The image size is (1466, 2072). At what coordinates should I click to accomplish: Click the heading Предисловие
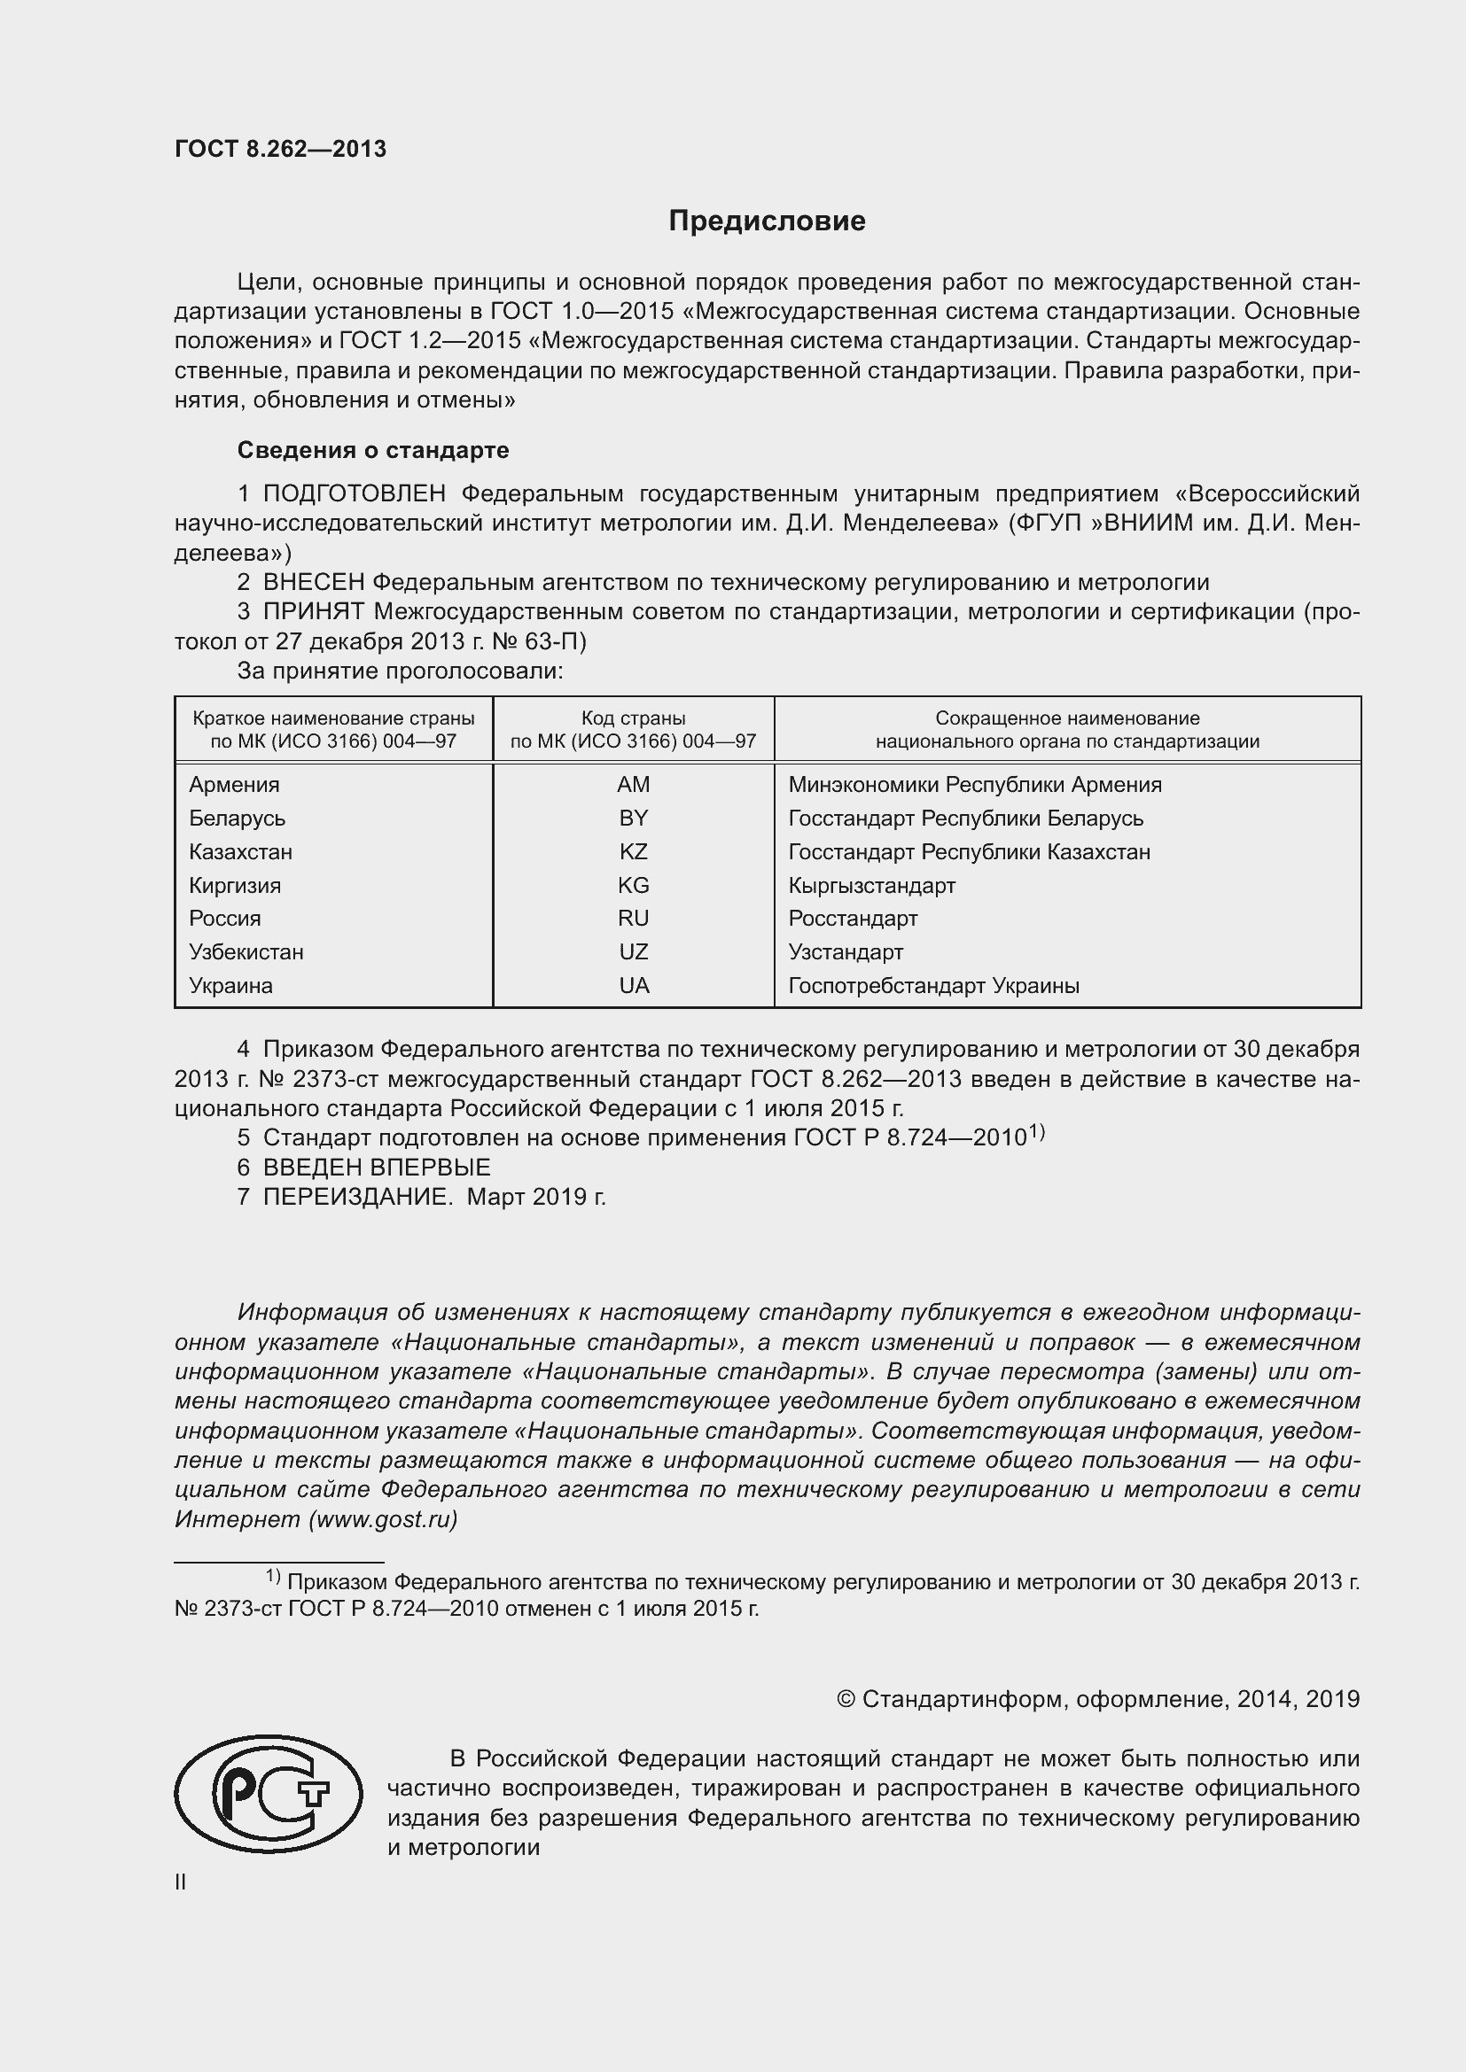[767, 221]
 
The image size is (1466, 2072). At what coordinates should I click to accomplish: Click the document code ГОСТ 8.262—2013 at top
[280, 149]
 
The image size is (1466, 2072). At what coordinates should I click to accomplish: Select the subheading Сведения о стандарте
[373, 449]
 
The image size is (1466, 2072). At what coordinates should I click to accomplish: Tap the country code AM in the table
[633, 784]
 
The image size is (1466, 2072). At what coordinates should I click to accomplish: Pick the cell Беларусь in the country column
[237, 818]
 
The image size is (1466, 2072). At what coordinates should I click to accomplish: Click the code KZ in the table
[633, 851]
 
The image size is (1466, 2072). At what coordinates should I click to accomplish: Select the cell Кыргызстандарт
[871, 885]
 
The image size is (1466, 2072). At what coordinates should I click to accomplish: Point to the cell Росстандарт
[852, 918]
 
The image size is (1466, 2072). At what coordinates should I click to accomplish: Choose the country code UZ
[633, 951]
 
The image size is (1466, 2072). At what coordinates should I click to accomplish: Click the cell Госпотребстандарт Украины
[933, 985]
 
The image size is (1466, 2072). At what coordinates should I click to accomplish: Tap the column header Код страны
[633, 718]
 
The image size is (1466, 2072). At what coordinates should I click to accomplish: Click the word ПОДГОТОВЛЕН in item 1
[354, 493]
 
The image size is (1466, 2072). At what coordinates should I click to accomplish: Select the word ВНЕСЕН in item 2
[313, 582]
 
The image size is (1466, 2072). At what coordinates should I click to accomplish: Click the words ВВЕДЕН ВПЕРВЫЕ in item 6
[377, 1167]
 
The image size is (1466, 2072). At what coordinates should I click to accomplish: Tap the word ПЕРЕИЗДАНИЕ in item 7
[356, 1197]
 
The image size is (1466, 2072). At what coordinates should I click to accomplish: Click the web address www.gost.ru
[383, 1519]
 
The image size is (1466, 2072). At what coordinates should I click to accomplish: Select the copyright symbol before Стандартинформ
[845, 1699]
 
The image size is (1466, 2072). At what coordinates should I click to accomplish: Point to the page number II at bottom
[181, 1882]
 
